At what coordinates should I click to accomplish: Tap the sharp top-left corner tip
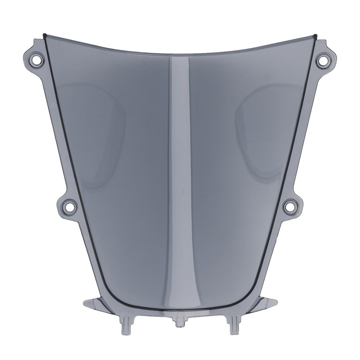[x=44, y=34]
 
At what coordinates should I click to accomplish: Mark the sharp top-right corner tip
[x=315, y=35]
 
